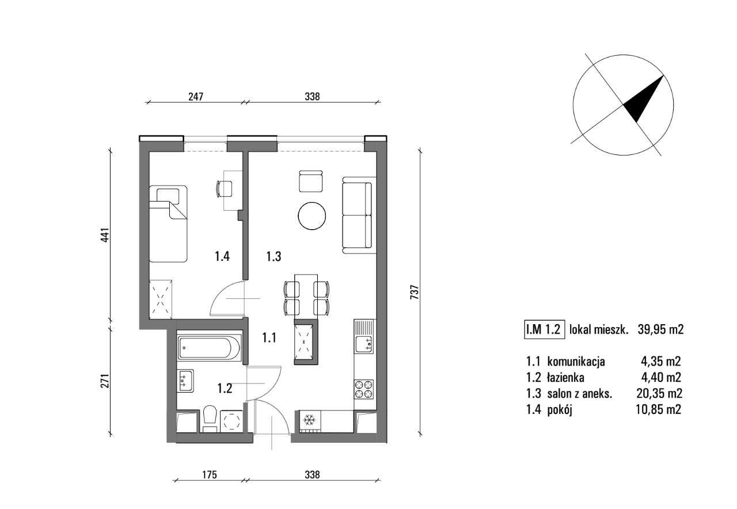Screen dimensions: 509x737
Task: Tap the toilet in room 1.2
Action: (x=210, y=419)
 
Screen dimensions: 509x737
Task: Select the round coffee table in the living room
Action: (x=312, y=215)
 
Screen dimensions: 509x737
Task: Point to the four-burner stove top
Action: (x=364, y=389)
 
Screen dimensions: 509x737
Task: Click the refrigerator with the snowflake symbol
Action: (x=309, y=420)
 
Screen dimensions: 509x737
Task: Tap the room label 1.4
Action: (x=223, y=257)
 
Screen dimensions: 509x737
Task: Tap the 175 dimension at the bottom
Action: (x=209, y=475)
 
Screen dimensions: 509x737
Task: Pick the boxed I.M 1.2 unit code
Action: (x=544, y=329)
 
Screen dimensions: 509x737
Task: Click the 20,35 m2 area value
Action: (x=661, y=394)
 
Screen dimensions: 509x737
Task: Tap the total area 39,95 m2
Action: (x=660, y=329)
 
